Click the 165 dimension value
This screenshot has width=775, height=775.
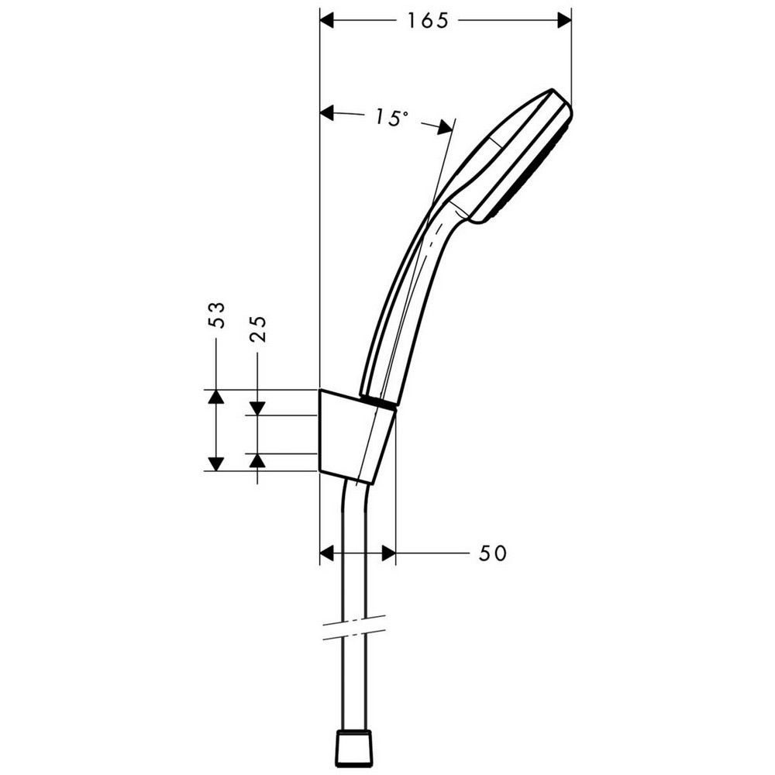click(428, 21)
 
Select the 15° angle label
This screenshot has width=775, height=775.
click(390, 117)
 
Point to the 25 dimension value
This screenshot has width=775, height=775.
click(258, 329)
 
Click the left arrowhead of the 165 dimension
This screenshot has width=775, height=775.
click(328, 21)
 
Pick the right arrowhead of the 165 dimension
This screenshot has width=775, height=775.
click(563, 21)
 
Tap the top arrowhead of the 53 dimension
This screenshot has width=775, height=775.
click(215, 397)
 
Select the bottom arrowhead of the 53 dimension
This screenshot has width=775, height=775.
click(215, 463)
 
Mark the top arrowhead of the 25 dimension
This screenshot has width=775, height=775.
click(258, 408)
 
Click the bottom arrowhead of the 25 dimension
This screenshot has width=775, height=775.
click(258, 461)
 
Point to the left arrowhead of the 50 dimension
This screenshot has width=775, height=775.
click(328, 553)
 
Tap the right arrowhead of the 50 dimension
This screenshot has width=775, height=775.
click(388, 553)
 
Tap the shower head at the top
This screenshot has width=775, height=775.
click(515, 155)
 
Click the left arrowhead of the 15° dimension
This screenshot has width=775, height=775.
click(328, 114)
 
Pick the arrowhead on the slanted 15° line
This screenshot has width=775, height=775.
click(446, 127)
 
